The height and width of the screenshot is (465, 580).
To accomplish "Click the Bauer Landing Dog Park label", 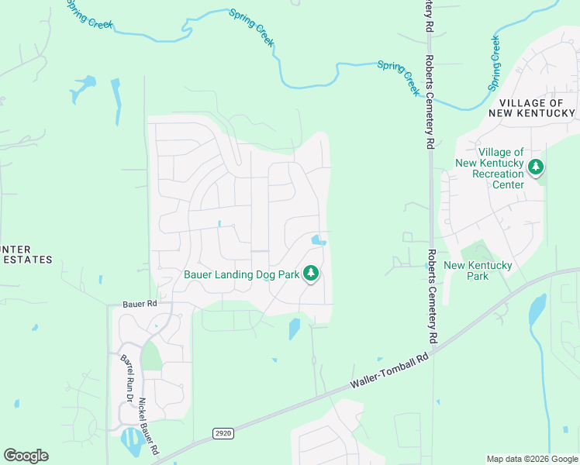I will tap(240, 274).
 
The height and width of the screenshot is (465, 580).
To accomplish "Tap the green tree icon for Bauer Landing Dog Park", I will tap(311, 274).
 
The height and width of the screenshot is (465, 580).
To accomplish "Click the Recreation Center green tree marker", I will tap(535, 167).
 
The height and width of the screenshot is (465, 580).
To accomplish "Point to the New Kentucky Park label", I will tap(478, 270).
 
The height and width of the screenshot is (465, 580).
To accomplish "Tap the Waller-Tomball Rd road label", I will tap(389, 370).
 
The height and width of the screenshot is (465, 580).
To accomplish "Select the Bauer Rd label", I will tap(140, 305).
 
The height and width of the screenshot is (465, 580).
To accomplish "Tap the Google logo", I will tap(26, 456).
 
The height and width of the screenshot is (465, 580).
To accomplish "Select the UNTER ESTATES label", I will tap(26, 254).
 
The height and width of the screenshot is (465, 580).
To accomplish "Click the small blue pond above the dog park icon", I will tap(317, 241).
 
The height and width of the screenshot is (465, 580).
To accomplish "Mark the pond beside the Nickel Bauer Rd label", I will tap(130, 443).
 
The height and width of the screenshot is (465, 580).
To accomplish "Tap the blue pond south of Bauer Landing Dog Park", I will tap(295, 329).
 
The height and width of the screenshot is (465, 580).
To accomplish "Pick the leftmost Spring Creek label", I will tap(90, 15).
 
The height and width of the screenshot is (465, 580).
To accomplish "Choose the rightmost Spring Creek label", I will tap(494, 63).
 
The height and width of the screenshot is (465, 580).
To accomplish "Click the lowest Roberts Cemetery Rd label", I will tap(431, 296).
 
